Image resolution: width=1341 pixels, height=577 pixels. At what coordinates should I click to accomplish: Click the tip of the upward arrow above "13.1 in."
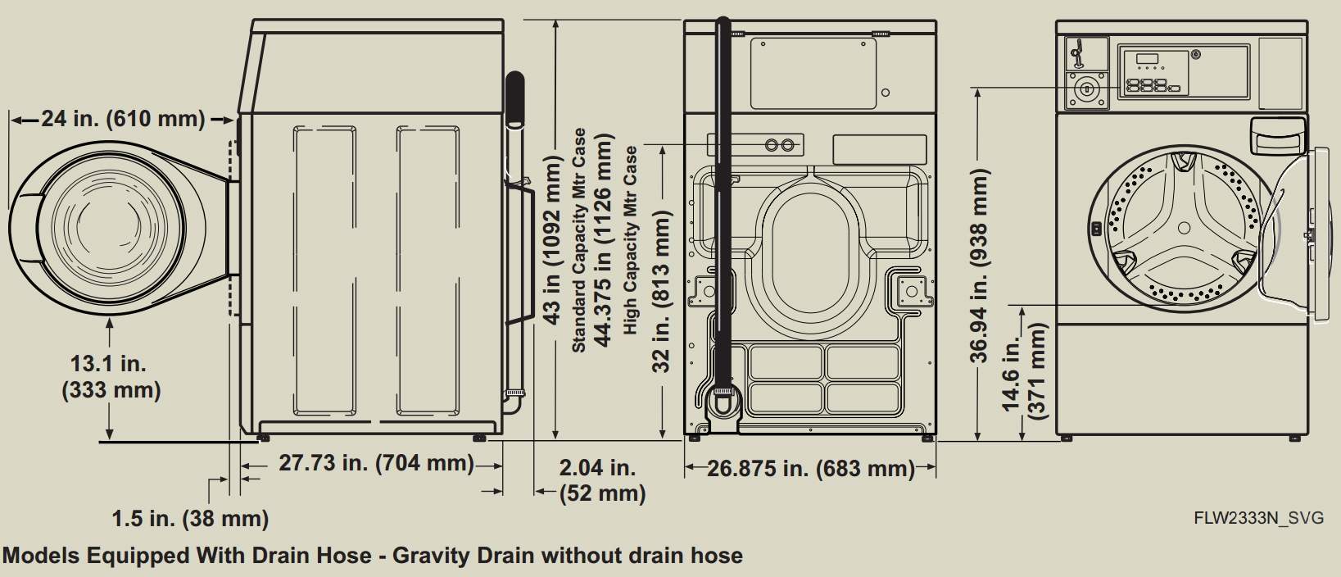110,318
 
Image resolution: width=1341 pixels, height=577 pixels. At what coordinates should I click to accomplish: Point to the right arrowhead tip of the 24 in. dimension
234,120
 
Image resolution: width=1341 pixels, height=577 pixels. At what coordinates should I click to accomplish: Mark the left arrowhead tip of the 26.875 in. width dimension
686,466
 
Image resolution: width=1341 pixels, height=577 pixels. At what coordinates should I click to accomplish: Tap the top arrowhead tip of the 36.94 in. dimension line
977,89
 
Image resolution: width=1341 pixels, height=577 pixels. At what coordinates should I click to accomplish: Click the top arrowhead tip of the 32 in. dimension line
663,146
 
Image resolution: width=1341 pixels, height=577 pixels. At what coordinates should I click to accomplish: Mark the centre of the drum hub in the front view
1184,228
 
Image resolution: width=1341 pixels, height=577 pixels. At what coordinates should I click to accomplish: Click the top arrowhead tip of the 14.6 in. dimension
1022,307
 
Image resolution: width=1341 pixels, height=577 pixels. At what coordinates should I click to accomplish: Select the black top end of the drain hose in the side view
514,99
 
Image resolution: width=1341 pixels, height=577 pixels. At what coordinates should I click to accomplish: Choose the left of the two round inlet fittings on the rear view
772,145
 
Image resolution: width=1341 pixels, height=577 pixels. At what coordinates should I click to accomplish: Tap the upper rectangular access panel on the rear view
813,74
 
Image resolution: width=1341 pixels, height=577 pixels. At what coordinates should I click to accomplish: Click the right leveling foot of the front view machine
1294,438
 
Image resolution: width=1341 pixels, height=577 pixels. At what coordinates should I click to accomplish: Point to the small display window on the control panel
1147,59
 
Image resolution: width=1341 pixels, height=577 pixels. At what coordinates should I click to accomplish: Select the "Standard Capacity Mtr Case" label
578,240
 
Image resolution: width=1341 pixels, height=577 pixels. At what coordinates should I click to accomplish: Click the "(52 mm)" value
602,493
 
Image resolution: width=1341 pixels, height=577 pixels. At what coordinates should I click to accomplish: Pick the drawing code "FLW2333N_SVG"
1258,518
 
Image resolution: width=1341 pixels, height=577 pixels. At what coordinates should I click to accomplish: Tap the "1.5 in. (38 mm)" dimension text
190,519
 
